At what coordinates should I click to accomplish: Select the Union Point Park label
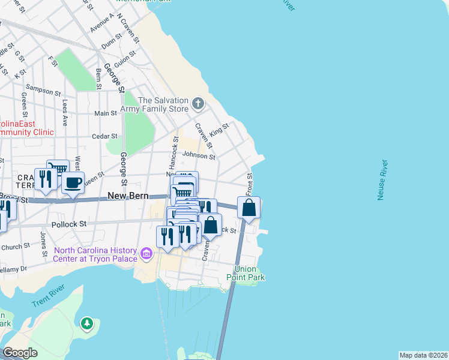tap(246, 273)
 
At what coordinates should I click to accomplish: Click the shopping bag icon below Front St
tap(249, 208)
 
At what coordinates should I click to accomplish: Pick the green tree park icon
tap(87, 324)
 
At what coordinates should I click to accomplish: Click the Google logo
tap(20, 353)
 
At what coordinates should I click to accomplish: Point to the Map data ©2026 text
tap(423, 355)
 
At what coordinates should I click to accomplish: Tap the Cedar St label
tap(104, 136)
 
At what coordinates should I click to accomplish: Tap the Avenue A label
tap(101, 22)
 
